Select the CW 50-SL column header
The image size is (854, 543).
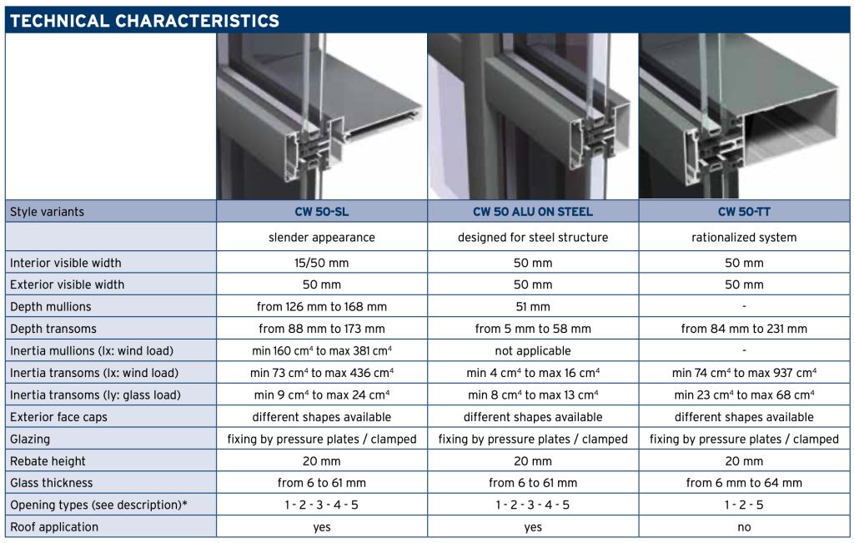[322, 212]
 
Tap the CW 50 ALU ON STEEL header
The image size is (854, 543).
[533, 212]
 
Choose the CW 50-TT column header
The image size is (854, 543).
[744, 212]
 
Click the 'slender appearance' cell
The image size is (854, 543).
[322, 238]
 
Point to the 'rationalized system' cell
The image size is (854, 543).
[744, 238]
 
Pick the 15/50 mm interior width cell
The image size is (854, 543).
[322, 263]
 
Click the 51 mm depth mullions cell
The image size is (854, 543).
[533, 307]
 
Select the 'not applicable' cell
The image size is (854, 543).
[533, 351]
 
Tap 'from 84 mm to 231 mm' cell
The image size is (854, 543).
[744, 329]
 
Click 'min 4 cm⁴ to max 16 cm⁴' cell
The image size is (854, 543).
[533, 373]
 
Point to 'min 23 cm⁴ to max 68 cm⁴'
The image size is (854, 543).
[744, 395]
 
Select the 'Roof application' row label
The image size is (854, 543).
[54, 527]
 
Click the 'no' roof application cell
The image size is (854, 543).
[744, 527]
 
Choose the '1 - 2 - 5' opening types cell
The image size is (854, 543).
[744, 505]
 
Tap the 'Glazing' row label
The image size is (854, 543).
[30, 440]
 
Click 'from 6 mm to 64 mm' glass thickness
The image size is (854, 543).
[744, 483]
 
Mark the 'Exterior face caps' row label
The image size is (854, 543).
[58, 417]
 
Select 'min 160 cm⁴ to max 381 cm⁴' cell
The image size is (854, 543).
[322, 351]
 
